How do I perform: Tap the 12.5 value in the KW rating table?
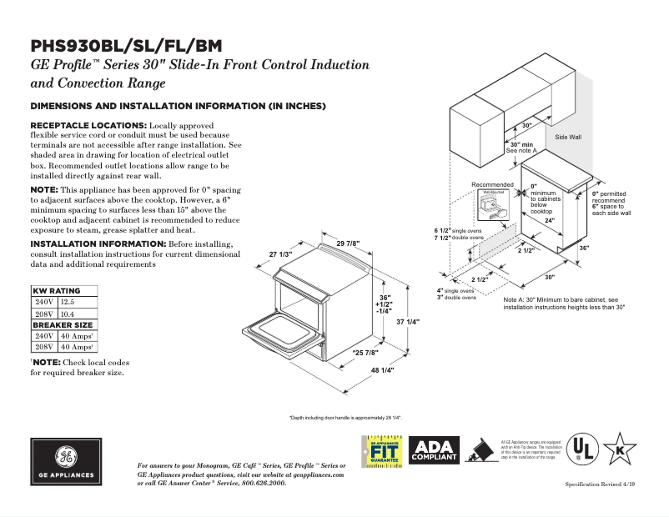click(68, 301)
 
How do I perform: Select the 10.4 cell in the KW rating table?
click(68, 313)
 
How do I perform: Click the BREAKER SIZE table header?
click(63, 324)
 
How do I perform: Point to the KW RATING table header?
click(56, 290)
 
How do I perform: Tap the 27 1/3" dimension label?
click(280, 253)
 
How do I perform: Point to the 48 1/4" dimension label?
click(381, 369)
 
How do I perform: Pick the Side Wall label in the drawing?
click(568, 136)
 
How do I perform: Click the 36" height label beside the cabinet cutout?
click(584, 248)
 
